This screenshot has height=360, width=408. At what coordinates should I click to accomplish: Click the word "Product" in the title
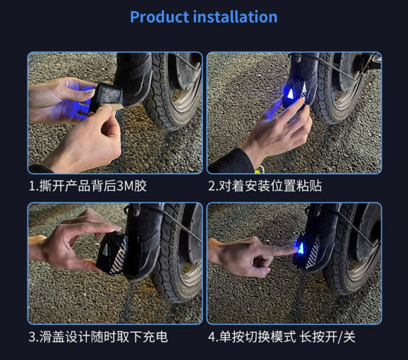160,17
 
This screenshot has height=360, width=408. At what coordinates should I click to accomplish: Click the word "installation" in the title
235,17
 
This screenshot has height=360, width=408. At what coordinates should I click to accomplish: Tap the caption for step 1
88,186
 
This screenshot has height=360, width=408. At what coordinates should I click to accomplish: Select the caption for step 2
265,186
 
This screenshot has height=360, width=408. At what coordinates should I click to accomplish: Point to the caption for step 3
98,337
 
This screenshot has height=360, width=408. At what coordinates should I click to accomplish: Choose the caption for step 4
282,337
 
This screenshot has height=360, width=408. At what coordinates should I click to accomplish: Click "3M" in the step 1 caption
125,186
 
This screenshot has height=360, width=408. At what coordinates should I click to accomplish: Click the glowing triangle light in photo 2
290,94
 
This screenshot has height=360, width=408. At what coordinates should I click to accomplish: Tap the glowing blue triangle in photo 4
301,248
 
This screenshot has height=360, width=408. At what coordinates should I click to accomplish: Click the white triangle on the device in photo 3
105,250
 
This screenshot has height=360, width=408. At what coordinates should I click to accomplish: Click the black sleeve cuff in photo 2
231,161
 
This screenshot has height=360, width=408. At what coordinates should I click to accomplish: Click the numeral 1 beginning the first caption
31,186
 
